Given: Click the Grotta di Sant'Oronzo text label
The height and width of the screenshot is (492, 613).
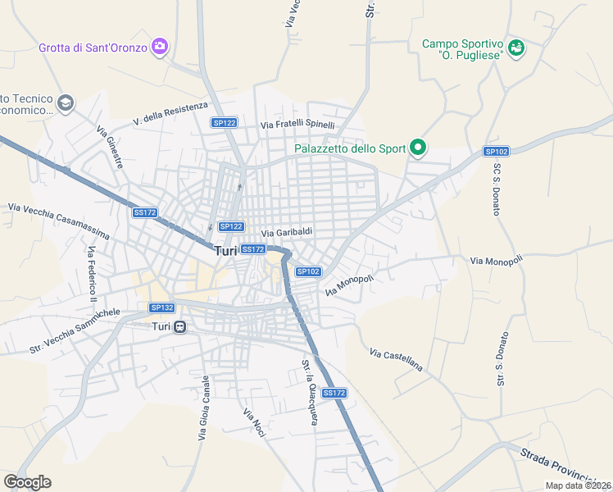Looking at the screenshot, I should pos(93,48).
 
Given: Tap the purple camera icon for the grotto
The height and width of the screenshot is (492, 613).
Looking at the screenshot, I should pos(160,47).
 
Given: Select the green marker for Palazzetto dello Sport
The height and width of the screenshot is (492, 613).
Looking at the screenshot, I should pos(418,148).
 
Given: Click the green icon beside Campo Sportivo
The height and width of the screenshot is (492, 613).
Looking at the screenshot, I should pos(515,48).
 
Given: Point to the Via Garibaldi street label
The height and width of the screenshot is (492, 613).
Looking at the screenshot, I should pos(287,232).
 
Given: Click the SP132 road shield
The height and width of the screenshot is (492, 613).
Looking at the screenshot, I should pos(161,307).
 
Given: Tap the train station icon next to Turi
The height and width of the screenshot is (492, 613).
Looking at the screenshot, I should pos(179,326).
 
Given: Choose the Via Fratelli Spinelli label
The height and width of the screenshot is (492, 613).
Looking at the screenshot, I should pos(297,125).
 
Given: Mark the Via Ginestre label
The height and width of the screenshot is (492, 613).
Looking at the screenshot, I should pos(110,147).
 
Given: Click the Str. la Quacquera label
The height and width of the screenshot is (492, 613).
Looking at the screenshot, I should pos(309,393).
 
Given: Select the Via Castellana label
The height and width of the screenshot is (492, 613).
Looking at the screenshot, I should pos(396,360).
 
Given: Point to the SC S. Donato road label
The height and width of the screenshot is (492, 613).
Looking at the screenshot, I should pos(497,189).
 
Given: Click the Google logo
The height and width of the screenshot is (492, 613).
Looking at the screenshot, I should pos(27,482).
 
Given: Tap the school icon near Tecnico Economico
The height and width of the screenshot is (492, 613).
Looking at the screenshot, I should pos(66,103).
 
